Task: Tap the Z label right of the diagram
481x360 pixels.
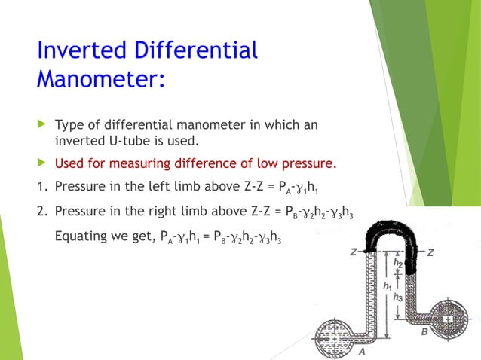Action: [x=430, y=253]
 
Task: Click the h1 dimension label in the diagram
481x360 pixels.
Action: [x=387, y=287]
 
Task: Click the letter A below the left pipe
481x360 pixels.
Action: [x=362, y=350]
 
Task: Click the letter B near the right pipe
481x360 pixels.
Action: [x=424, y=329]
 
